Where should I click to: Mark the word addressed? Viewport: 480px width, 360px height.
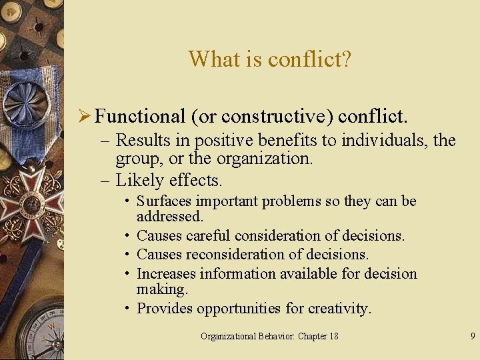coord(169,217)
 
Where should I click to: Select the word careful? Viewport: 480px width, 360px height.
coord(210,235)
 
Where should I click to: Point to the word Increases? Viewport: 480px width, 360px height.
coord(167,273)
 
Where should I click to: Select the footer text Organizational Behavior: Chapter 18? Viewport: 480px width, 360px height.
coord(269,336)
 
